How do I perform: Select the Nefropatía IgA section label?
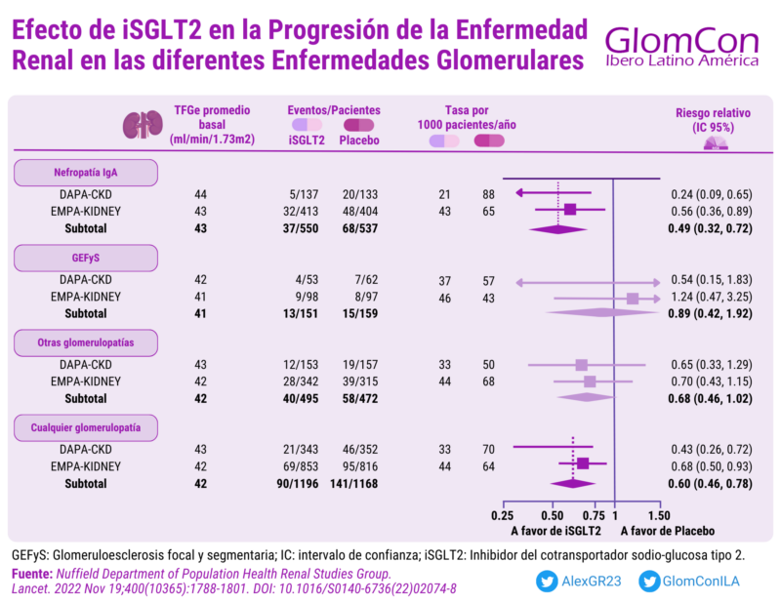coord(85,174)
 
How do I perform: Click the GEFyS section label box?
coord(85,259)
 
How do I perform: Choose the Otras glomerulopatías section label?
coord(85,343)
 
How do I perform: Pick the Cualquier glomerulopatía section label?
coord(85,427)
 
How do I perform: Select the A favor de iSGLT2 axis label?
coord(555,532)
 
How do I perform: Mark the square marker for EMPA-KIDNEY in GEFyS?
coord(633,298)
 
